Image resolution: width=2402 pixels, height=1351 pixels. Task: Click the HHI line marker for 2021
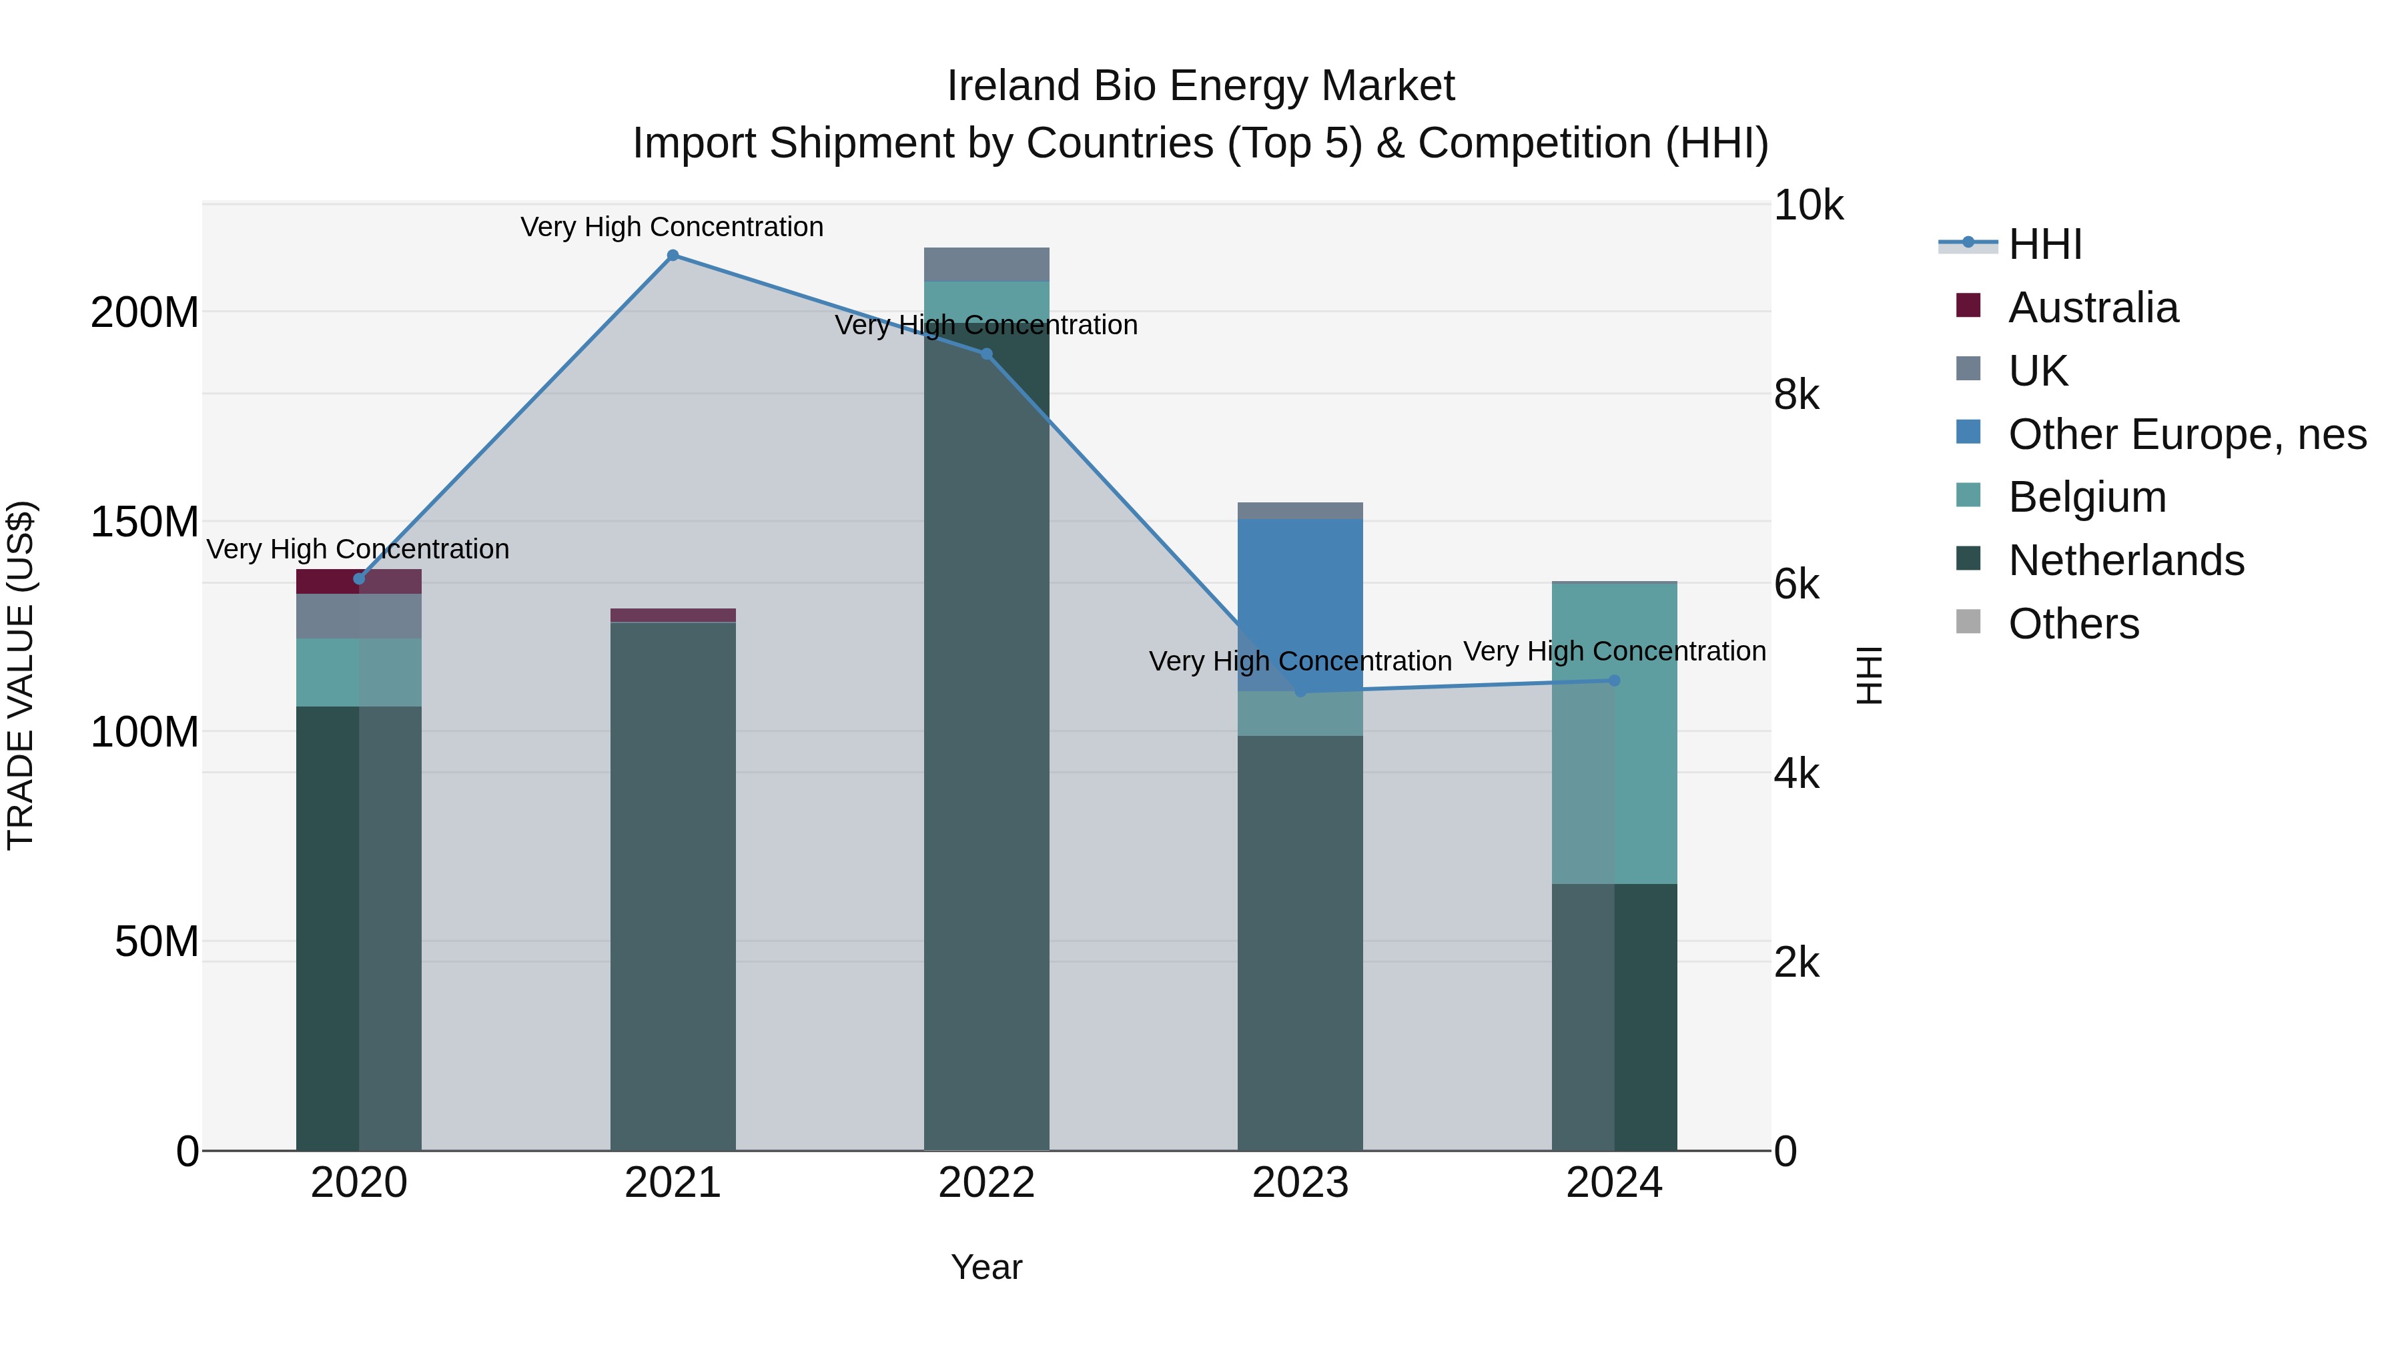(673, 256)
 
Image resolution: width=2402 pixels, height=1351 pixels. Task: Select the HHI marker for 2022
(987, 354)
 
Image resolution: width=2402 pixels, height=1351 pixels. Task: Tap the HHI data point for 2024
(1615, 681)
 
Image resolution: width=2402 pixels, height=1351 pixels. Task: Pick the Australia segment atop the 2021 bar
(673, 615)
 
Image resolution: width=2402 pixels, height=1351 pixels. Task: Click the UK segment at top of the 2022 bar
(987, 264)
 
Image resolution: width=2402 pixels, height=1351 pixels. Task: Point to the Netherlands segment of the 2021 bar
(673, 886)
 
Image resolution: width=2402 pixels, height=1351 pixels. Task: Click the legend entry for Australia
(2092, 308)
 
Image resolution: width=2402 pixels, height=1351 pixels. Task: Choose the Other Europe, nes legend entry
(2186, 434)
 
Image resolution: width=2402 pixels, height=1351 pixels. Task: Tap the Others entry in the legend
(2073, 624)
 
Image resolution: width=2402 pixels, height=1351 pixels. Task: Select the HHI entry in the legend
(2044, 244)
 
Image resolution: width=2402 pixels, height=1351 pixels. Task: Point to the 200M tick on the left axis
(145, 312)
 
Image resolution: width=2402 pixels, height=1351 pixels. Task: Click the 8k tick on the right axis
(1796, 396)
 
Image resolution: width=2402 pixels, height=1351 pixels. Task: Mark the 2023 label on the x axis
(1300, 1183)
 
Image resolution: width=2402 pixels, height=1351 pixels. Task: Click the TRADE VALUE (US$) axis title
(21, 675)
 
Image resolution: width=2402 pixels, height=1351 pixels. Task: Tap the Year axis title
(987, 1267)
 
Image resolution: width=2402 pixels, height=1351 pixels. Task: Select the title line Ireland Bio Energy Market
(1200, 86)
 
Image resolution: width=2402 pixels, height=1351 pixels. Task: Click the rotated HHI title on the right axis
(1869, 675)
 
